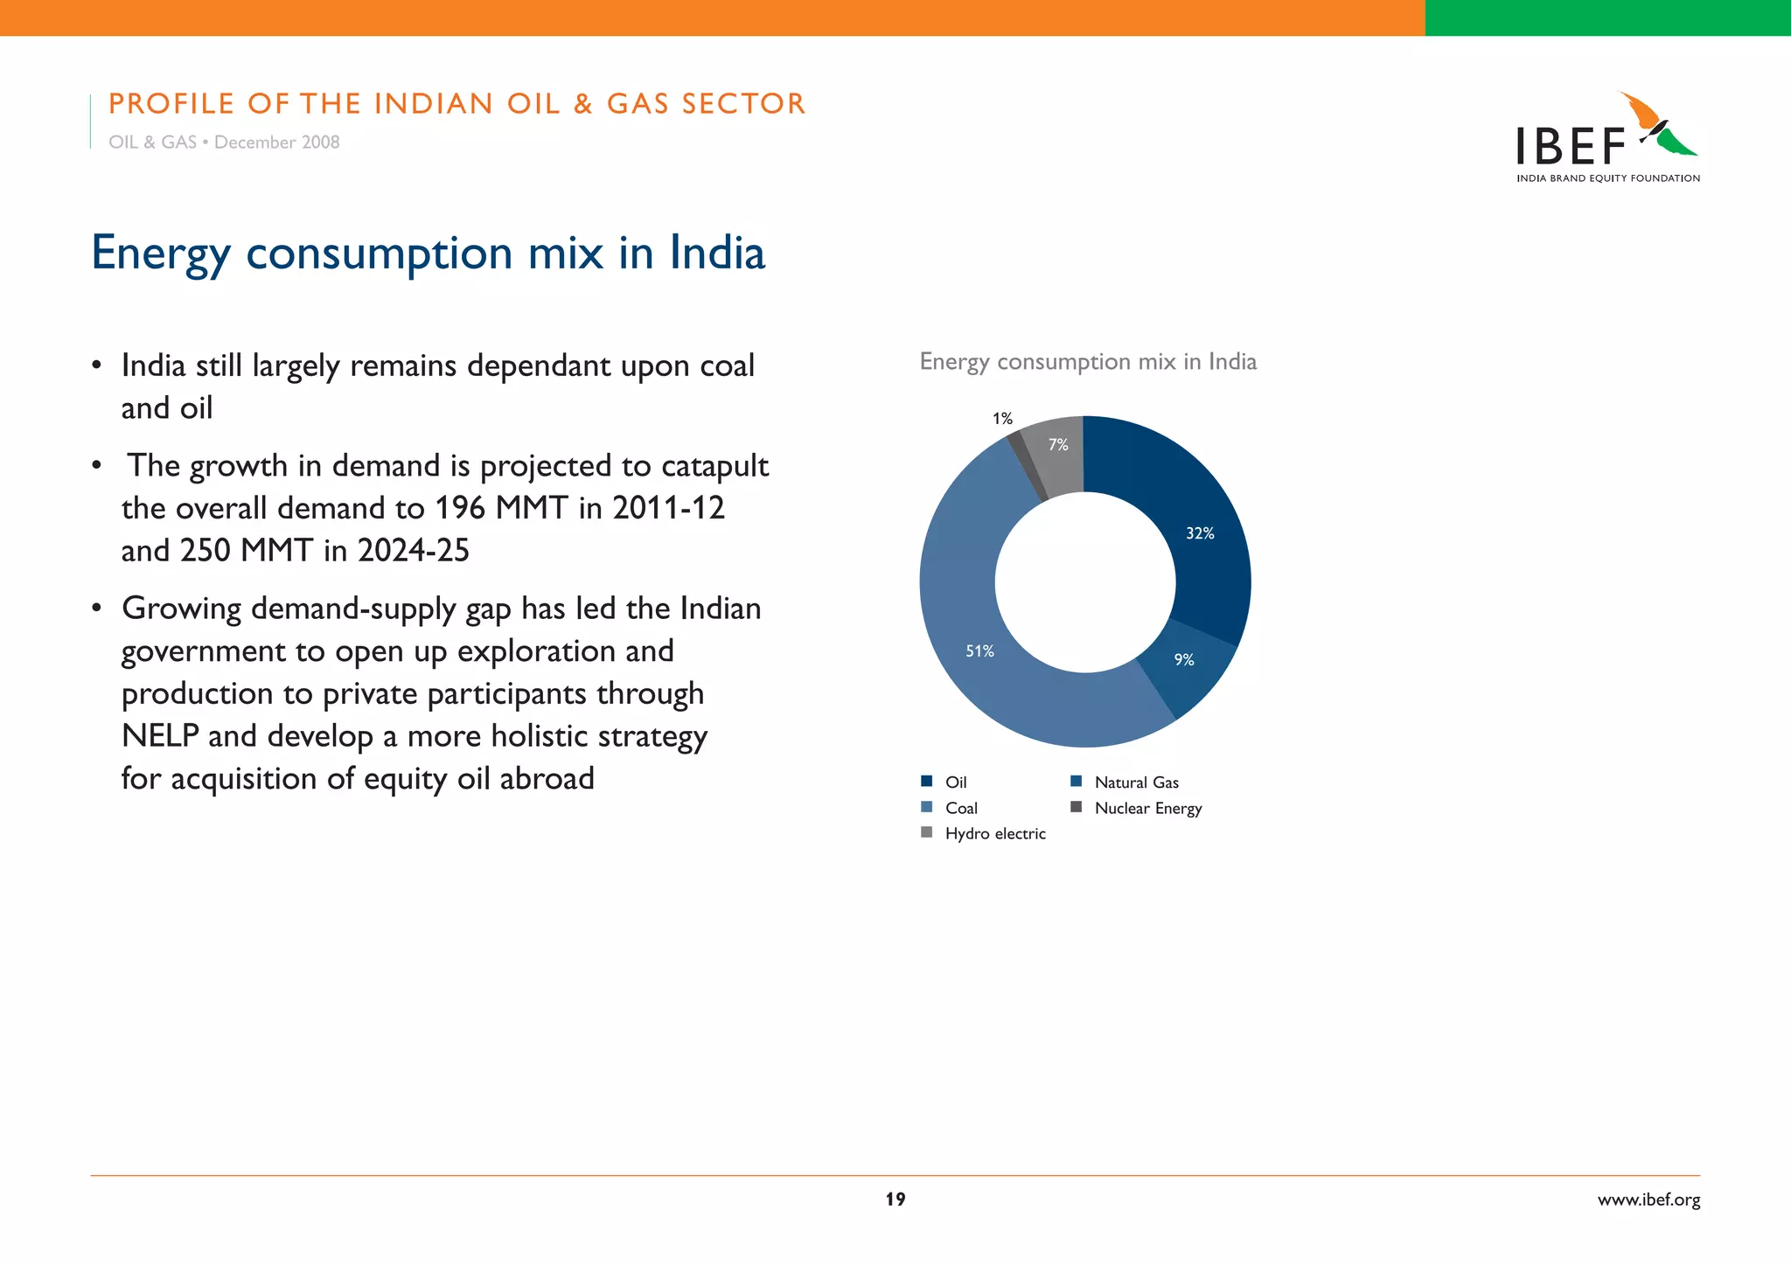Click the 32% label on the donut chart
pos(1200,533)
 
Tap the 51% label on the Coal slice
pos(979,651)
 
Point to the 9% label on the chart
pos(1184,660)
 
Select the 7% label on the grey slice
pos(1058,445)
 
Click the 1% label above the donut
pos(1002,419)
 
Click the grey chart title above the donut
pos(1088,362)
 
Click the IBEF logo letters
pos(1571,147)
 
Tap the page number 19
pos(895,1200)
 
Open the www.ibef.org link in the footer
pos(1648,1200)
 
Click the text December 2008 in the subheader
pos(276,143)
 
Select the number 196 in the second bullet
pos(460,508)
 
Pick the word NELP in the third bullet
pos(160,736)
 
